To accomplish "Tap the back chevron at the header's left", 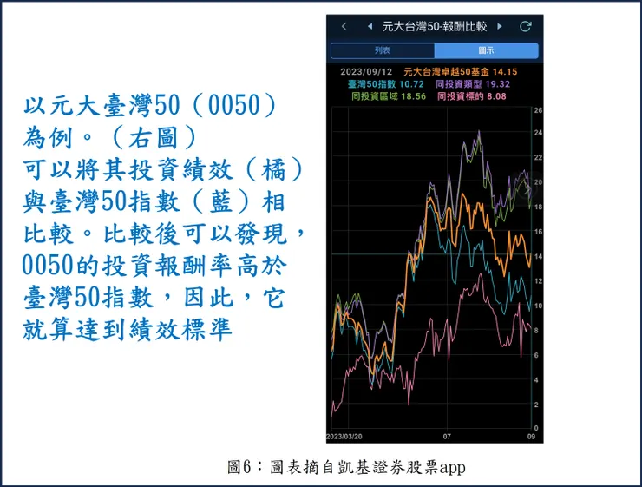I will coord(344,26).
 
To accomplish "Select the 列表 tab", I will coord(383,50).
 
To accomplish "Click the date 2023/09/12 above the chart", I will coord(367,72).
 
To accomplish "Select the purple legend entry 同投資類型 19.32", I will coord(472,84).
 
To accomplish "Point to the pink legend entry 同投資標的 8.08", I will coord(472,96).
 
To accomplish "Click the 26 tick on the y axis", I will coord(538,110).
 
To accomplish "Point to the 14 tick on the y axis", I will coord(538,257).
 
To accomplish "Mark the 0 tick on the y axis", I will coord(537,428).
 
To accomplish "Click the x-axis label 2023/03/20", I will coord(344,436).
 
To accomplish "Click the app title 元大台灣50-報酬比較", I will coord(435,26).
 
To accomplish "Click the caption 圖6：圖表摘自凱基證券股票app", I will coord(346,468).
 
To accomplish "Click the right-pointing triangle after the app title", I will coord(500,26).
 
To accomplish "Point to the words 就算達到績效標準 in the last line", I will coord(128,330).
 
